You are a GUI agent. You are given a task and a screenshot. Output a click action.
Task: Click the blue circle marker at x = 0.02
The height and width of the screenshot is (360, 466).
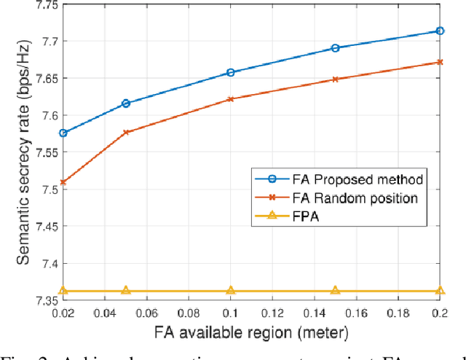click(x=63, y=133)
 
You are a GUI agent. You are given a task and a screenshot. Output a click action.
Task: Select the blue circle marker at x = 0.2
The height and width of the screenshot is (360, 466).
click(x=440, y=31)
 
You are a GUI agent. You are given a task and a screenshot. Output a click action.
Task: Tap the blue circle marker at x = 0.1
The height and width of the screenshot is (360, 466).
click(x=231, y=72)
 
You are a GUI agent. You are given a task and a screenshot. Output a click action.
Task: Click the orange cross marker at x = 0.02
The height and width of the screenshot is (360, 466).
click(x=63, y=181)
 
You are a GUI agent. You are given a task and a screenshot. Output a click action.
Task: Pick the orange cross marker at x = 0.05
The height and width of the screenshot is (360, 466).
click(x=126, y=132)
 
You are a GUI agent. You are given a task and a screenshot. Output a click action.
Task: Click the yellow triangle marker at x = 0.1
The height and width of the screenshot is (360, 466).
click(x=231, y=290)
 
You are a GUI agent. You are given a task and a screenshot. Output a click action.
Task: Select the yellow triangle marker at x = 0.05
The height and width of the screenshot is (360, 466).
click(x=126, y=290)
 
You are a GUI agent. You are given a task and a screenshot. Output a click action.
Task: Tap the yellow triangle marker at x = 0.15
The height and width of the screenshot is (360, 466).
click(x=335, y=290)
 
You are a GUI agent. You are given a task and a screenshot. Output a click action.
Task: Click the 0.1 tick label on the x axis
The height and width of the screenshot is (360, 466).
click(x=231, y=313)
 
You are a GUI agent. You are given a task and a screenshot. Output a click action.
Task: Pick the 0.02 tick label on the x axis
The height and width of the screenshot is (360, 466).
click(x=63, y=313)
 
